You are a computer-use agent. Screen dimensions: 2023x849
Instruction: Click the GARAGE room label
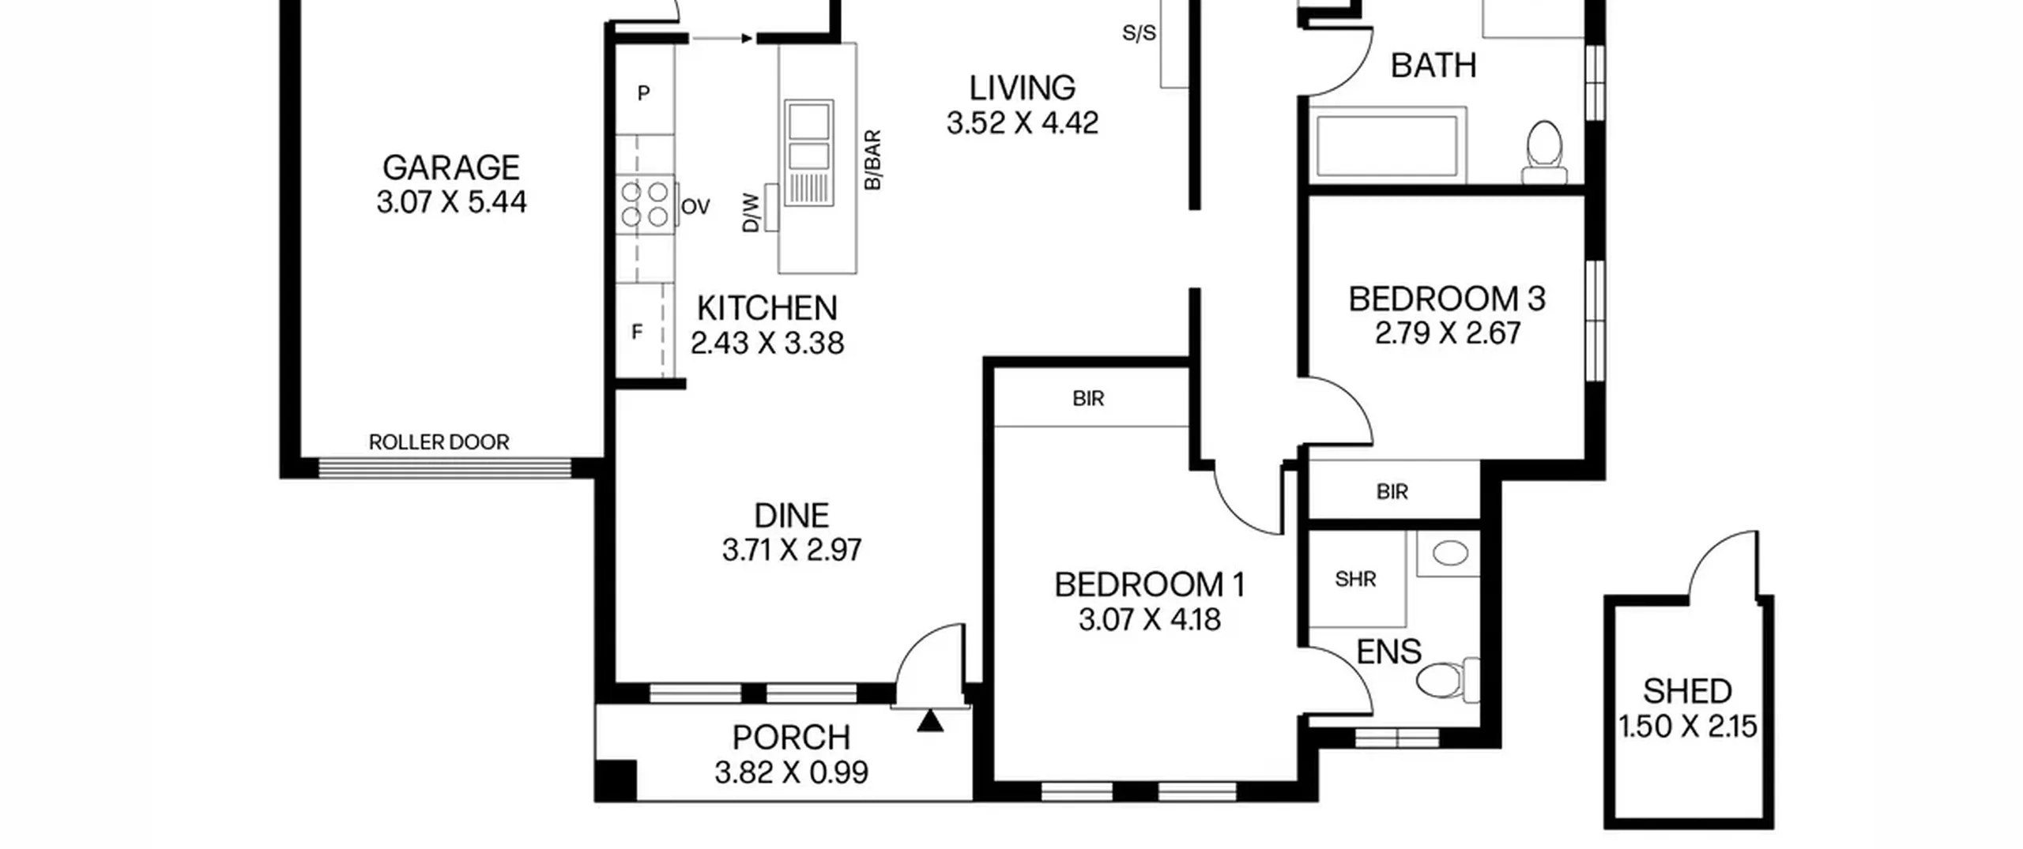[x=451, y=168]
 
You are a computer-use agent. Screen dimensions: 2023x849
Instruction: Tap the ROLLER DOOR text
[x=439, y=442]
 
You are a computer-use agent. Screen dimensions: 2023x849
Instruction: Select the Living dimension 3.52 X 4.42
[x=1023, y=123]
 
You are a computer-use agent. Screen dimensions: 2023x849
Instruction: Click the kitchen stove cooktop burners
[x=644, y=204]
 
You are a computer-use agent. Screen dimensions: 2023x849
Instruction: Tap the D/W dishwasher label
[x=751, y=213]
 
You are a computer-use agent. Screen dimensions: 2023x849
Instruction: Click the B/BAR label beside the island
[x=872, y=160]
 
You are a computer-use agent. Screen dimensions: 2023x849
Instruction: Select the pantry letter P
[x=643, y=94]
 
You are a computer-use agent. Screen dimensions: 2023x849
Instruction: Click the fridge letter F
[x=637, y=332]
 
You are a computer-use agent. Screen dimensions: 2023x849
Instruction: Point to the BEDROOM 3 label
[x=1446, y=299]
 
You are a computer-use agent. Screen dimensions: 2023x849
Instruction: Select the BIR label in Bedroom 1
[x=1088, y=399]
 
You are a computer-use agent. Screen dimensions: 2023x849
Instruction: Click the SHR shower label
[x=1355, y=580]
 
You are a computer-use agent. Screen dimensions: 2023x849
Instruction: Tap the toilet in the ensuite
[x=1448, y=680]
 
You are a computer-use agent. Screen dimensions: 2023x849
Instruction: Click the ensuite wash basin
[x=1449, y=553]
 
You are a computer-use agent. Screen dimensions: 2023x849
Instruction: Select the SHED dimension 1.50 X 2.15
[x=1688, y=727]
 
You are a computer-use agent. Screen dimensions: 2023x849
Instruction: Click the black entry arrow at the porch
[x=930, y=721]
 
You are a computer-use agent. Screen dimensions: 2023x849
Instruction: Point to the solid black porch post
[x=616, y=780]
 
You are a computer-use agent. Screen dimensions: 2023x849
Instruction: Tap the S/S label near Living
[x=1140, y=33]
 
